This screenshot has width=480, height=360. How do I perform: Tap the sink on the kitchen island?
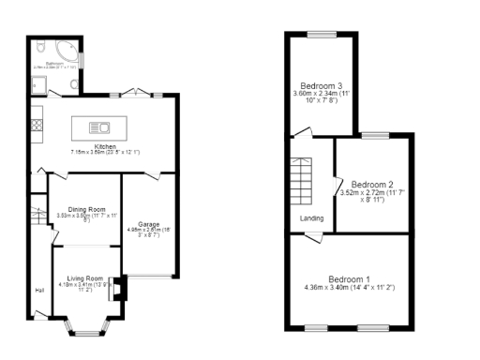click(x=99, y=127)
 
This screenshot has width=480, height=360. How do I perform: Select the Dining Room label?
click(x=84, y=209)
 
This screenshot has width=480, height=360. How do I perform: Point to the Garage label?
click(x=149, y=224)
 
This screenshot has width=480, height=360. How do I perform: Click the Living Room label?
click(x=84, y=278)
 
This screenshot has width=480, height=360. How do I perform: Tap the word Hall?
click(x=40, y=290)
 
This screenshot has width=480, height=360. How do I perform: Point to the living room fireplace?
click(x=118, y=290)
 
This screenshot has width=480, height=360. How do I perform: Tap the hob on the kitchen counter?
click(x=37, y=122)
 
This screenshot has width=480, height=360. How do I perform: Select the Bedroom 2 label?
click(x=370, y=185)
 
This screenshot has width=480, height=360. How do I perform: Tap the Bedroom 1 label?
click(x=349, y=279)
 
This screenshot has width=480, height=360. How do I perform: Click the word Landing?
click(x=312, y=219)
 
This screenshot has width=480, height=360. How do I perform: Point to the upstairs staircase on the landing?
click(x=302, y=182)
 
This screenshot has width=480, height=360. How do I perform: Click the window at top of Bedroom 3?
click(x=320, y=36)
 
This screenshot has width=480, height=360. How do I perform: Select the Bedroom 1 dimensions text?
click(x=349, y=288)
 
